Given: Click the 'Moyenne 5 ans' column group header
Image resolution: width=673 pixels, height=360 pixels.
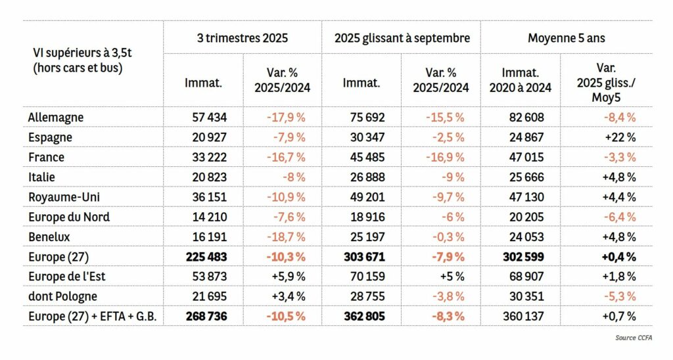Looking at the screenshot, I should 566,38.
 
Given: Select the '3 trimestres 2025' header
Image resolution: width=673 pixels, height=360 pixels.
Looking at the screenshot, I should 243,38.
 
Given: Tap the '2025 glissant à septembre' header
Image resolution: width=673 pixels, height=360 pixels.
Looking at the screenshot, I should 402,38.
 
